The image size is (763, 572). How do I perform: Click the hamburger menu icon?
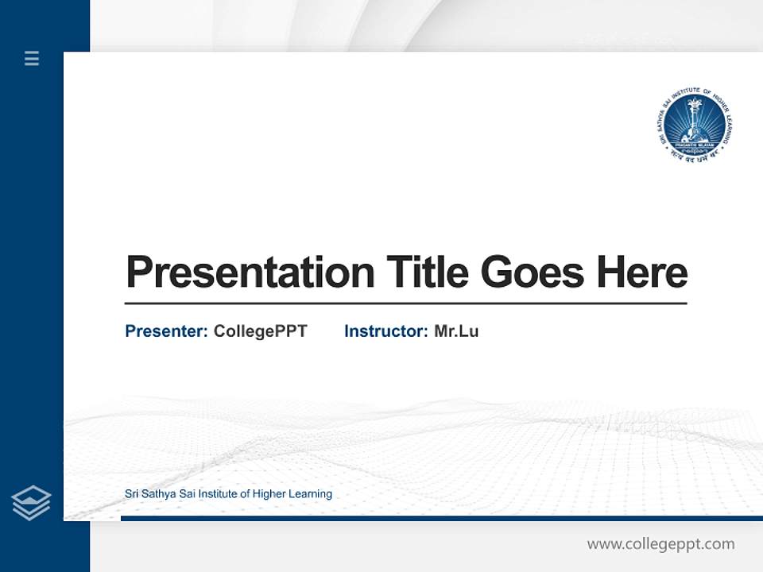[32, 58]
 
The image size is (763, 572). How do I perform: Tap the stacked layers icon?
[31, 503]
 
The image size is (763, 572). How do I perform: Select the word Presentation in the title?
[250, 272]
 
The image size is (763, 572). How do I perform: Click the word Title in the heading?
[427, 272]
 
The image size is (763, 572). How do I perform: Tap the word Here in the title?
[641, 272]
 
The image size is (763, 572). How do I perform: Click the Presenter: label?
[167, 331]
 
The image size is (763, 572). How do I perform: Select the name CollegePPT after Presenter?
[260, 331]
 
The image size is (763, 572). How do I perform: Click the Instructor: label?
[386, 331]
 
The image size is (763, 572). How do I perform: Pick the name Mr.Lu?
[456, 331]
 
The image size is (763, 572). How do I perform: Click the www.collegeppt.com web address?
[660, 544]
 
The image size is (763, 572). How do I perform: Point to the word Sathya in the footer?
[158, 494]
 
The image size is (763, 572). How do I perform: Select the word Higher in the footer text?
[269, 494]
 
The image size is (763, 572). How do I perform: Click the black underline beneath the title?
[405, 303]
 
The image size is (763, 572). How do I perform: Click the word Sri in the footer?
[132, 494]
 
